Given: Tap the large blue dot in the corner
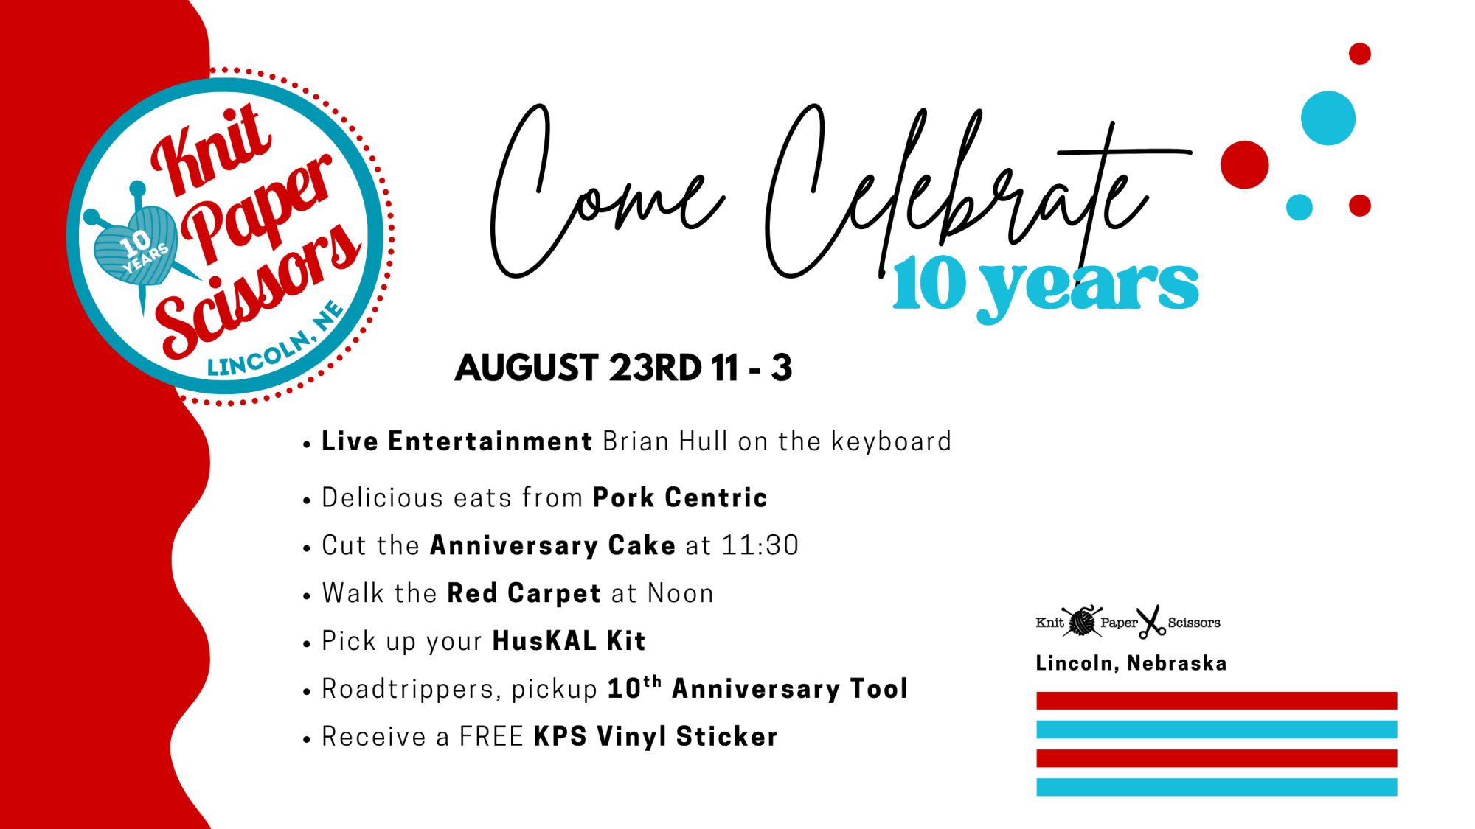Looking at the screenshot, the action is point(1328,118).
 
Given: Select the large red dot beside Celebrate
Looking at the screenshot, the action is point(1244,165).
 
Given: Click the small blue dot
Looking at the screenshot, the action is point(1299,207).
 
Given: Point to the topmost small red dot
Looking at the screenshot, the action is point(1360,54).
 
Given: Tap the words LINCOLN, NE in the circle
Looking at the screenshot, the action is point(275,341).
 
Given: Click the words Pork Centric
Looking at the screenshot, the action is point(680,497).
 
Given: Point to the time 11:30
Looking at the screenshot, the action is point(760,545).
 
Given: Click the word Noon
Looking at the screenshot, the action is point(681,593).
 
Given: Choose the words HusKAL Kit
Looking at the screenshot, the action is point(569,641).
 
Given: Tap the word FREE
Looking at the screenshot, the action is point(491,737).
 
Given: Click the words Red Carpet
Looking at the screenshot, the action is point(524,593).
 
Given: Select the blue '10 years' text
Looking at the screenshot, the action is point(1046,287).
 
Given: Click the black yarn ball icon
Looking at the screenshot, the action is point(1082,622).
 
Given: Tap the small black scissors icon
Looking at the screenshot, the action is point(1151,622).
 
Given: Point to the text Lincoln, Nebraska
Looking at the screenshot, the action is point(1131,663).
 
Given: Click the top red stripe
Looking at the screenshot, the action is point(1216,701).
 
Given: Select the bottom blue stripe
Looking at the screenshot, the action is point(1216,787).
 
